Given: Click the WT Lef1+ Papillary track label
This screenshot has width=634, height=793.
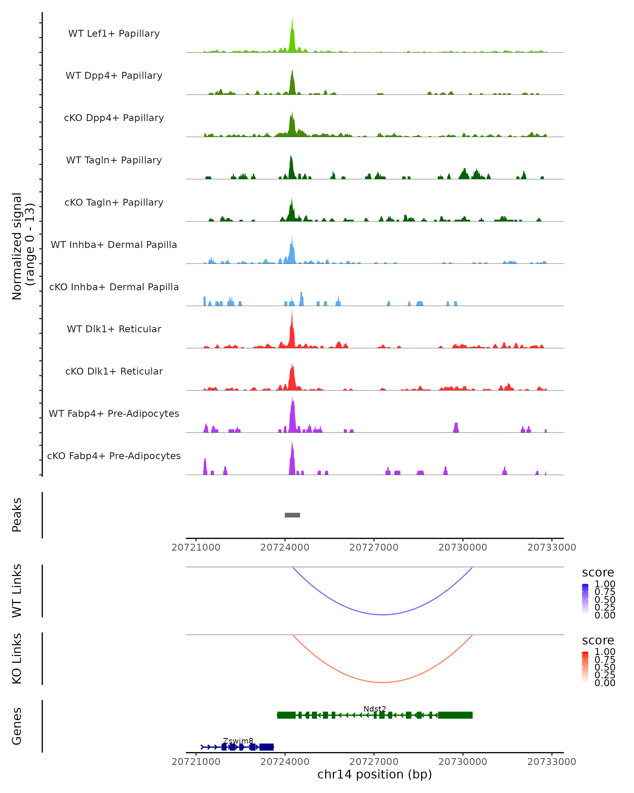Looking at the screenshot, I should click(114, 34).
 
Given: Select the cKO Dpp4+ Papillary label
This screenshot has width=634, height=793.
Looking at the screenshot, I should click(114, 118).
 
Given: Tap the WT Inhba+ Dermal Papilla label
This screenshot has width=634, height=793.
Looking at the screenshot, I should click(114, 245).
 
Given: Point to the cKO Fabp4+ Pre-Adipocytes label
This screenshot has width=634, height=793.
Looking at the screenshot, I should click(114, 456).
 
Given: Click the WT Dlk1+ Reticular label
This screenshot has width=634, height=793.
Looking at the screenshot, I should click(114, 329).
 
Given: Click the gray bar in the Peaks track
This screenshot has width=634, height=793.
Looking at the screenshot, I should click(292, 515).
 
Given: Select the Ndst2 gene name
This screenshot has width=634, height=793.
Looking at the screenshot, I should click(375, 709).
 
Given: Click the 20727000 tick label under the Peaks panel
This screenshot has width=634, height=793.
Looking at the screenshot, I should click(374, 547).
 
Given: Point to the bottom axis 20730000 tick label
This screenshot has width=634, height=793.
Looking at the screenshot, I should click(463, 761).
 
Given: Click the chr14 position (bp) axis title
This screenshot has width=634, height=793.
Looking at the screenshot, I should click(375, 774).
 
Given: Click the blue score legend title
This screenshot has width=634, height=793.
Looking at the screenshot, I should click(598, 572).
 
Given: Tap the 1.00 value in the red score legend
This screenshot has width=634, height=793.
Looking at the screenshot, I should click(605, 651).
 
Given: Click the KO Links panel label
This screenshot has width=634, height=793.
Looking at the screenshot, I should click(17, 658).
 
